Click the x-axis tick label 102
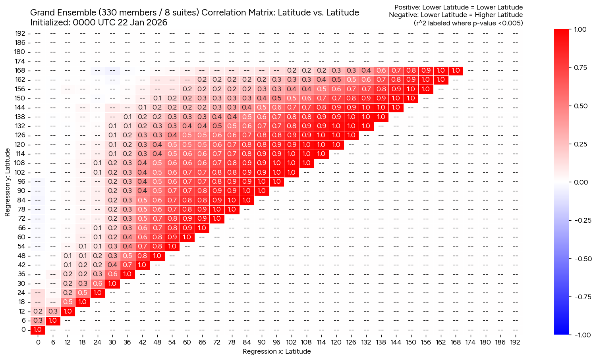click(292, 342)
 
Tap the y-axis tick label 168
click(20, 70)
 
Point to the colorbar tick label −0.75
click(580, 297)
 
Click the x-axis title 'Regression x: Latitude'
click(276, 351)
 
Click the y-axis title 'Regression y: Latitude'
click(7, 182)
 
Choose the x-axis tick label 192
click(515, 342)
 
